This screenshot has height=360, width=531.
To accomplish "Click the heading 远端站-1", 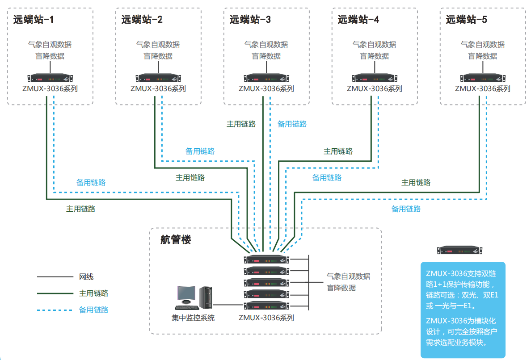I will (x=33, y=20).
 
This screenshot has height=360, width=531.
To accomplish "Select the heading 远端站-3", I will (x=250, y=20).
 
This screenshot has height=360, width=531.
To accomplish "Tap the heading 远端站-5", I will (x=466, y=20).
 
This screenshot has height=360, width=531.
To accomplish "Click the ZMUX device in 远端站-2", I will (x=158, y=77).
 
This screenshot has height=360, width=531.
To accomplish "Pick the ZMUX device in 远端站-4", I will (x=375, y=77).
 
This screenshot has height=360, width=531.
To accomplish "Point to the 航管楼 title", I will (x=176, y=240).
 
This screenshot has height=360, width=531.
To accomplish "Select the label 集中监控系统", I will (x=193, y=318).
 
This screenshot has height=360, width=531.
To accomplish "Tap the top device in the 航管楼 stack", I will (x=266, y=259).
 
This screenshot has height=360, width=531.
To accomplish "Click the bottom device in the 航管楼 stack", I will (x=266, y=306).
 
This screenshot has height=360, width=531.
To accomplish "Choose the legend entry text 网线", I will (x=86, y=277).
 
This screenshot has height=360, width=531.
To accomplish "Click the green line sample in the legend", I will (x=55, y=293).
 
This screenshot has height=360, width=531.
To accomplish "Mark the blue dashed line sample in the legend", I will (x=55, y=310).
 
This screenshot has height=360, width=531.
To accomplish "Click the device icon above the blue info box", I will (x=461, y=251).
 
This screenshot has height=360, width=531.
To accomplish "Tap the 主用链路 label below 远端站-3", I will (x=241, y=124).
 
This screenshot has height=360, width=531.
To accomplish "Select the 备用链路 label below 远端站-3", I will (x=292, y=124).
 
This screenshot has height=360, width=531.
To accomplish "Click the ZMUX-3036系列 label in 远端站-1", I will (x=50, y=88).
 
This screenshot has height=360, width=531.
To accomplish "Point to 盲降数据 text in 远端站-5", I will (x=483, y=56).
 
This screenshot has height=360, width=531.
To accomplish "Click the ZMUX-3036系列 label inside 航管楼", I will (x=266, y=318).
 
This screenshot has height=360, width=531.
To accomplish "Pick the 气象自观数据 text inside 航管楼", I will (x=348, y=276).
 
